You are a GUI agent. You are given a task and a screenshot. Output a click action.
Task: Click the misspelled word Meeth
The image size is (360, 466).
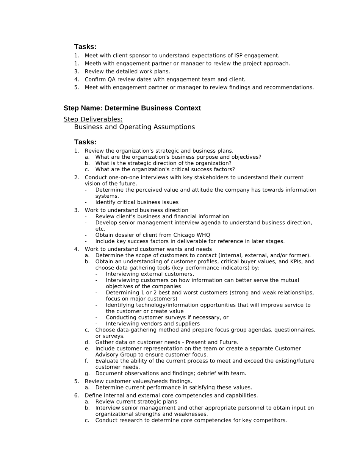pos(92,64)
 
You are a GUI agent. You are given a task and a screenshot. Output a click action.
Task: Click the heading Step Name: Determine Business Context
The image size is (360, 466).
pos(132,108)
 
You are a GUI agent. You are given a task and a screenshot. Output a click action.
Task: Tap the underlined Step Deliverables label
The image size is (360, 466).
pos(93,119)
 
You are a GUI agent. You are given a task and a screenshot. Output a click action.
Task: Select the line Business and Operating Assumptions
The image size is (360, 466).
pos(135,127)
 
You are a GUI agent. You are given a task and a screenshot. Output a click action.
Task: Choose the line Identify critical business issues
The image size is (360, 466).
pos(137,202)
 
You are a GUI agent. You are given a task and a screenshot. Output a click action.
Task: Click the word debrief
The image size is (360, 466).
pos(204,374)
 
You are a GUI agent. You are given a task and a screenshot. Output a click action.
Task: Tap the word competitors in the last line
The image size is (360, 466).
pos(272,420)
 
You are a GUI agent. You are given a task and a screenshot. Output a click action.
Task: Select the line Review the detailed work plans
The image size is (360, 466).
pos(127,72)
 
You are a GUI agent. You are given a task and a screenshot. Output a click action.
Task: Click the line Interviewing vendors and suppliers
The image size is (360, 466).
pos(153,324)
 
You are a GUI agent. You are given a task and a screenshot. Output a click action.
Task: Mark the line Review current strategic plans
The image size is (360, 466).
pos(136,402)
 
